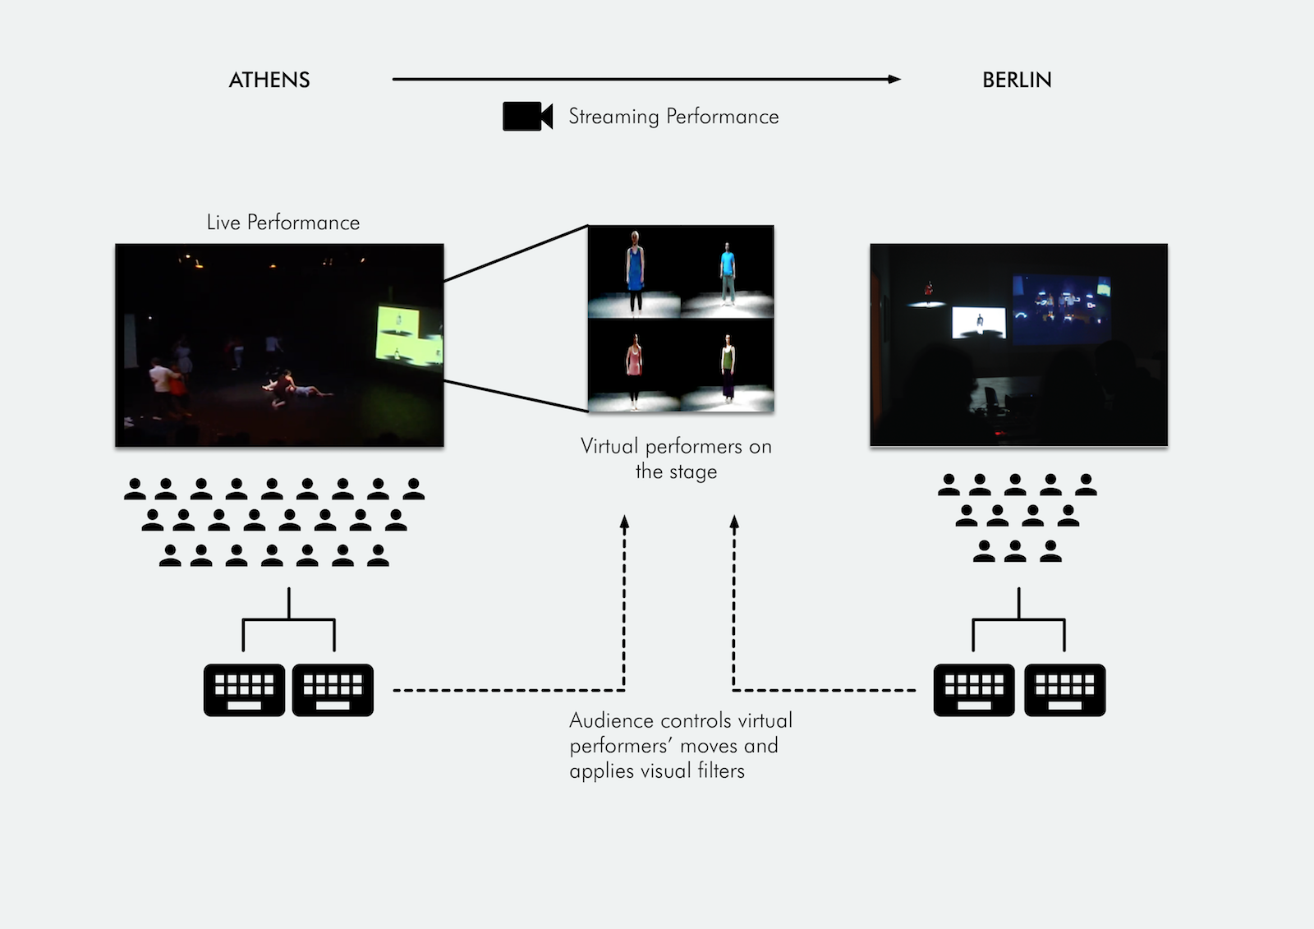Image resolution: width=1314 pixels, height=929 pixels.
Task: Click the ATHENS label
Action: tap(269, 80)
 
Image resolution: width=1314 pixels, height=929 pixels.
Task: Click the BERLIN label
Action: tap(1017, 80)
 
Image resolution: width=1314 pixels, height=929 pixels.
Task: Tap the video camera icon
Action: tap(527, 117)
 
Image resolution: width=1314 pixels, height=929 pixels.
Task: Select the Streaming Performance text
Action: tap(673, 117)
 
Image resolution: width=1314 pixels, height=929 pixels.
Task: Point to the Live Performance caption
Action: tap(283, 223)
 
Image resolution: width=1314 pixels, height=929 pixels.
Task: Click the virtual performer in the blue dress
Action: tap(635, 271)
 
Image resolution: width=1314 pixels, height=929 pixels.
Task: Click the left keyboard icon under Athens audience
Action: tap(244, 690)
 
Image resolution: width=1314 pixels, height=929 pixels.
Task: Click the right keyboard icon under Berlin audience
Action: tap(1064, 690)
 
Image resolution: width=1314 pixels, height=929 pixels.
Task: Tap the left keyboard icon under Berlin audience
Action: tap(974, 690)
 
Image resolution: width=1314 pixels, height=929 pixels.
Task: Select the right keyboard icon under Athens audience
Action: tap(333, 690)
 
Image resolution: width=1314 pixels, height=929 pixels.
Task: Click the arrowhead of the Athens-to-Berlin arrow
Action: tap(894, 80)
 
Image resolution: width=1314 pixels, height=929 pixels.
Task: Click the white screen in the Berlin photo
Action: tap(978, 322)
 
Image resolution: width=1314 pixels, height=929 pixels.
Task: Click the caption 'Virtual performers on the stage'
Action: tap(676, 458)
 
